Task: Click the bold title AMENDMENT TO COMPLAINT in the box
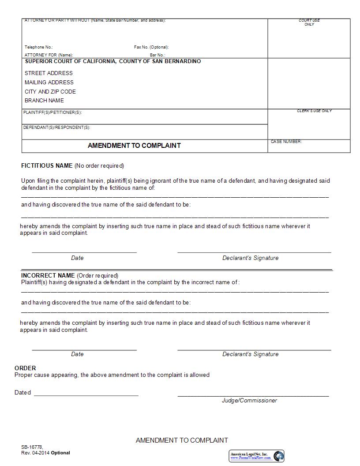pyautogui.click(x=134, y=145)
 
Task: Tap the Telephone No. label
pyautogui.click(x=39, y=47)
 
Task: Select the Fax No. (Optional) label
pyautogui.click(x=151, y=47)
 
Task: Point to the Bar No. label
pyautogui.click(x=157, y=55)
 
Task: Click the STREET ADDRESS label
pyautogui.click(x=49, y=73)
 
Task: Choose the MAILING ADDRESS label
pyautogui.click(x=49, y=83)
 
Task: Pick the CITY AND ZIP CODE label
pyautogui.click(x=50, y=92)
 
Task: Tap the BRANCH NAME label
pyautogui.click(x=44, y=101)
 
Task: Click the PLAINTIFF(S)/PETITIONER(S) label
pyautogui.click(x=52, y=113)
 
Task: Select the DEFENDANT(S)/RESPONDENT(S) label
pyautogui.click(x=56, y=128)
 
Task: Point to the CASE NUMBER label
pyautogui.click(x=286, y=142)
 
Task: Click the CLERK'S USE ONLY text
pyautogui.click(x=314, y=111)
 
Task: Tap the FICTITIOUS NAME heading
pyautogui.click(x=47, y=166)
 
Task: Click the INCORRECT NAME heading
pyautogui.click(x=48, y=275)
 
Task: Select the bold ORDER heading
pyautogui.click(x=25, y=368)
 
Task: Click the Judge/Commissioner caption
pyautogui.click(x=249, y=401)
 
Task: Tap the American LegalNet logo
pyautogui.click(x=256, y=456)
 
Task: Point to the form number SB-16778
pyautogui.click(x=32, y=447)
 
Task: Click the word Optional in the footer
pyautogui.click(x=60, y=453)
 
